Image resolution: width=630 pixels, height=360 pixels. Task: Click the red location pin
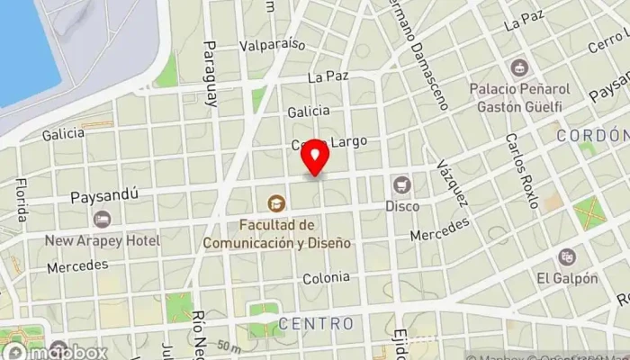click(x=315, y=159)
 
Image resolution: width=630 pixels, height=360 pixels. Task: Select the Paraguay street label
click(x=211, y=74)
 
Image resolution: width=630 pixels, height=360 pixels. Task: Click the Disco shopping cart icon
click(x=401, y=185)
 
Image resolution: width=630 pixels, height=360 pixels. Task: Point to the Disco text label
click(x=402, y=206)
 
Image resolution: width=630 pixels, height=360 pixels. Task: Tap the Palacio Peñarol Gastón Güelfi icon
click(x=519, y=67)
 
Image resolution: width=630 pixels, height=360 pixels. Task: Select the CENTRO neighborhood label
click(x=316, y=322)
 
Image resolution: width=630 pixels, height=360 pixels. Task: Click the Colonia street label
click(x=326, y=278)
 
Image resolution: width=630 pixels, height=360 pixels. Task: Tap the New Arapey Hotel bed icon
click(x=102, y=219)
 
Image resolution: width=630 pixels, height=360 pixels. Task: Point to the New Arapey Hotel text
click(x=103, y=240)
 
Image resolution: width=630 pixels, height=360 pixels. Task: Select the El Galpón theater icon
click(x=566, y=257)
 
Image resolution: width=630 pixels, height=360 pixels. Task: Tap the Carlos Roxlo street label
click(x=521, y=171)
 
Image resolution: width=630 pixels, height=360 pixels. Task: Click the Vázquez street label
click(x=452, y=184)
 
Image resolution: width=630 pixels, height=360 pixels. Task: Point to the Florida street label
click(x=20, y=199)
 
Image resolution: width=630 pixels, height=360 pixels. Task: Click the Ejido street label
click(x=400, y=343)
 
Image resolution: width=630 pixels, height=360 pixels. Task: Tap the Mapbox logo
click(x=54, y=351)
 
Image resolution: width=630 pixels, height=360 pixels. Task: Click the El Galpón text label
click(x=567, y=278)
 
